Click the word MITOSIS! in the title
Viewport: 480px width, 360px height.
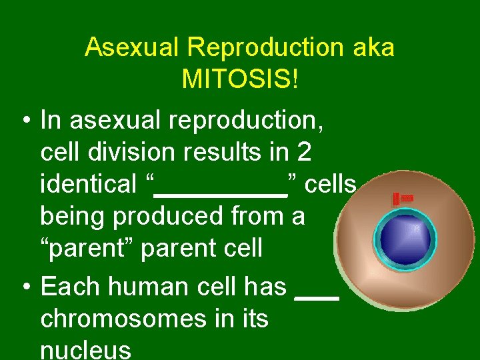[240, 79]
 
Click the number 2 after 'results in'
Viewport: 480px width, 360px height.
[304, 153]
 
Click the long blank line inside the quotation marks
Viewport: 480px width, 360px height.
[220, 195]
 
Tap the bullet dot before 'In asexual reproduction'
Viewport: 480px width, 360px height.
[25, 121]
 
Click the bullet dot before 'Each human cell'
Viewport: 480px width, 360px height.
[25, 287]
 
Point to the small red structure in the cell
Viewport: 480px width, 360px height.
[402, 199]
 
